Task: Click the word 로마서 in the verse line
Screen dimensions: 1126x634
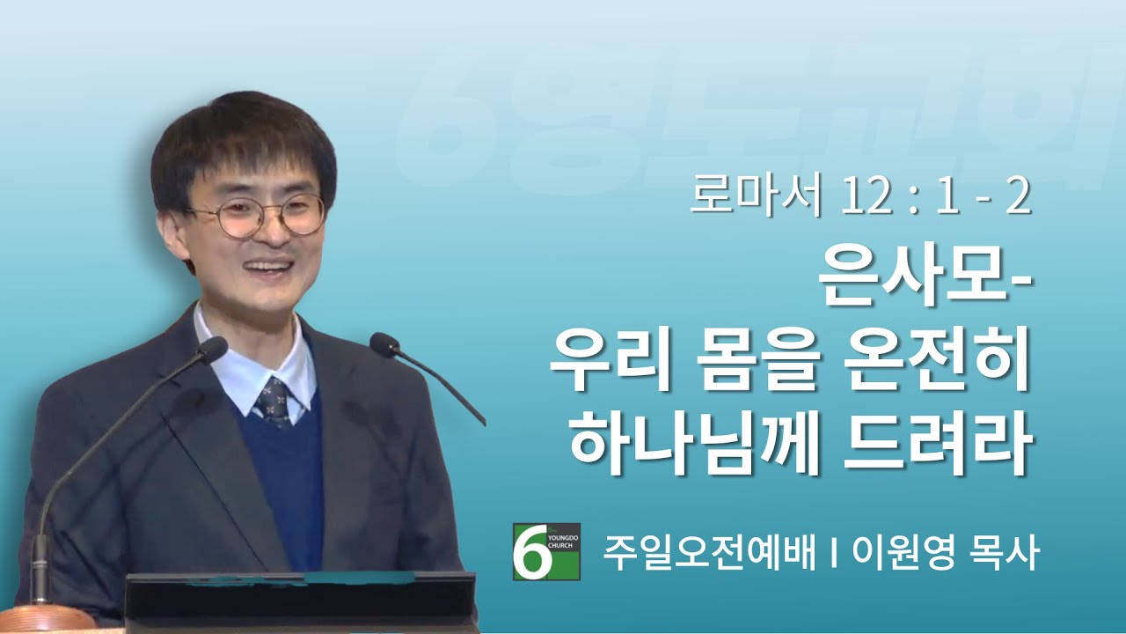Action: (x=755, y=198)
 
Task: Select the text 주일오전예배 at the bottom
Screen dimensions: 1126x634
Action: (x=710, y=552)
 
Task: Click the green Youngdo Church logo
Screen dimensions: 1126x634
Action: (x=546, y=551)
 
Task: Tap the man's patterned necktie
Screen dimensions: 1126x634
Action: (x=274, y=402)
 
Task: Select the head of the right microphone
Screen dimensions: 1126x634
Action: (x=385, y=345)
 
